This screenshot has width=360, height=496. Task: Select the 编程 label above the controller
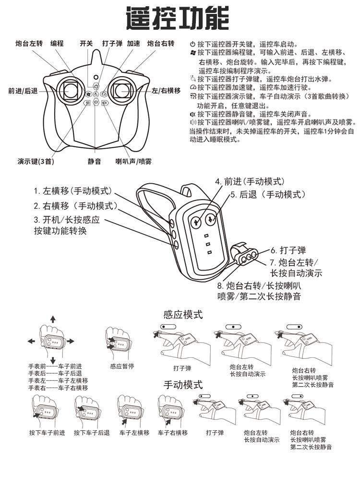[x=57, y=43]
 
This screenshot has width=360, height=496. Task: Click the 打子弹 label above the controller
[x=112, y=43]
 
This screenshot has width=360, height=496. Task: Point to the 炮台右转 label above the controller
[x=160, y=43]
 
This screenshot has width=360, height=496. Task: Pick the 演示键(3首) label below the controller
[x=36, y=162]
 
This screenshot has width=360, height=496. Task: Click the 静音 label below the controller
[x=94, y=162]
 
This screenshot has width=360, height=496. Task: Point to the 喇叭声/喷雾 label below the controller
[x=133, y=162]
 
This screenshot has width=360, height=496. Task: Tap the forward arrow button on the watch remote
[x=196, y=222]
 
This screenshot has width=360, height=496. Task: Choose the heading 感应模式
[x=183, y=315]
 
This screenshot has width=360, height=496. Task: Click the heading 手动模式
[x=183, y=384]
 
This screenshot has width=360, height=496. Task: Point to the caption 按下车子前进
[x=47, y=433]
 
